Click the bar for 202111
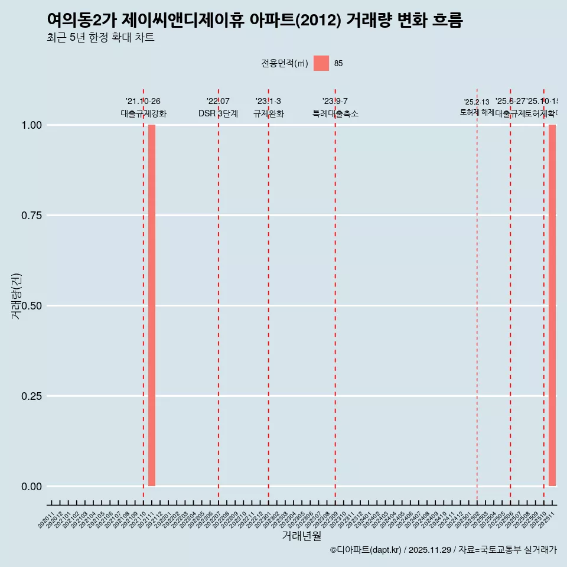click(x=152, y=305)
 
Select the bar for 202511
click(x=552, y=305)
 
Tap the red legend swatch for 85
click(x=321, y=63)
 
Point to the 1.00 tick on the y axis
click(x=31, y=125)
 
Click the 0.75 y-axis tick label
click(x=31, y=216)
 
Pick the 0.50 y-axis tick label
click(x=31, y=306)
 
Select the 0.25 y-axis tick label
click(x=31, y=396)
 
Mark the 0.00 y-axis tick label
click(x=31, y=487)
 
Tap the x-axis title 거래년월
click(x=301, y=536)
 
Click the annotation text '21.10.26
click(x=143, y=101)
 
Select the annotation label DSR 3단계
click(x=218, y=113)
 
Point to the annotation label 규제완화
click(x=269, y=113)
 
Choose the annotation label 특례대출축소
click(x=335, y=113)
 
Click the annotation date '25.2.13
click(x=477, y=102)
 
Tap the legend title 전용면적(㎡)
click(x=284, y=63)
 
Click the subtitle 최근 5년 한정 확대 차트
click(x=100, y=38)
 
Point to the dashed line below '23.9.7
click(x=335, y=295)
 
